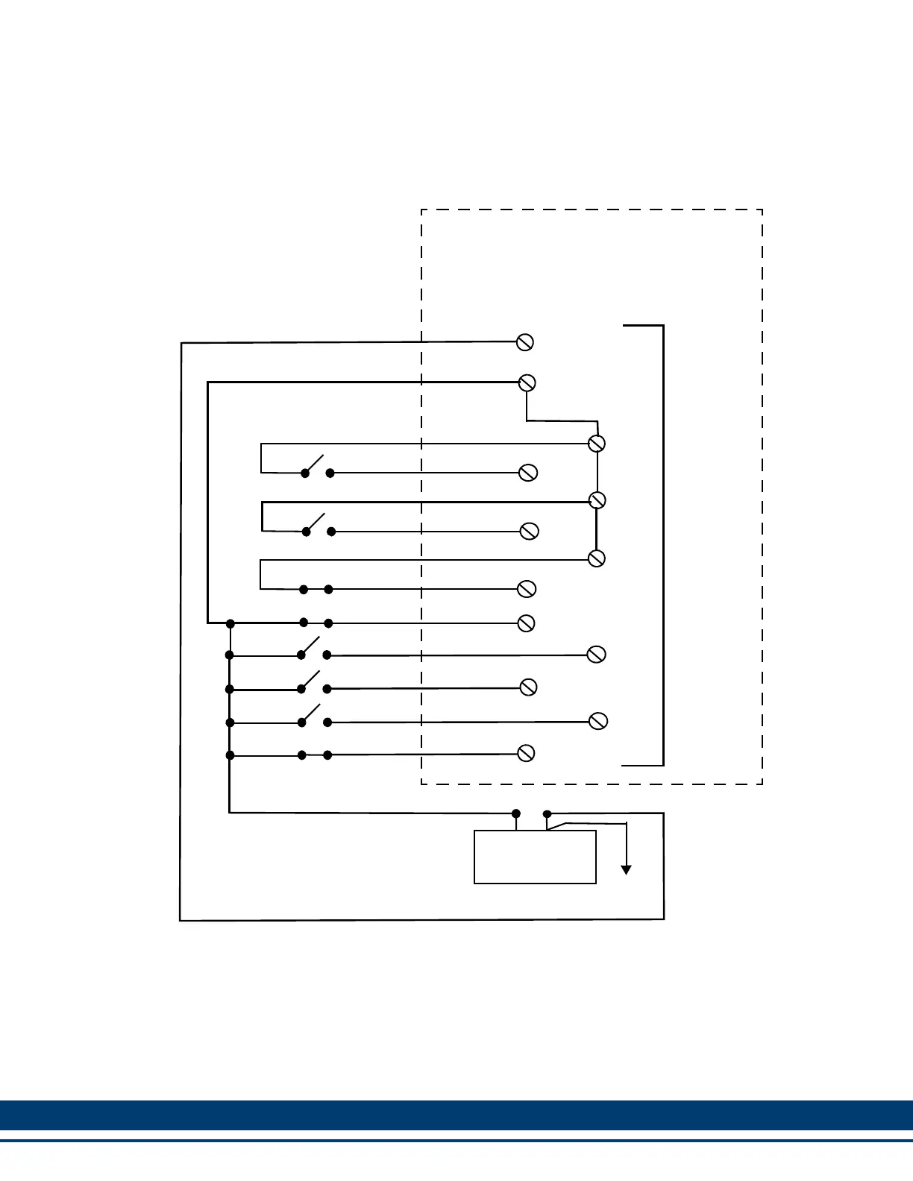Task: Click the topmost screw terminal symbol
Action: click(525, 342)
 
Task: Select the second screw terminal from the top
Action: click(527, 382)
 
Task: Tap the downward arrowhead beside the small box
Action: click(627, 869)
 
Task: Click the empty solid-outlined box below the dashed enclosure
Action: click(535, 857)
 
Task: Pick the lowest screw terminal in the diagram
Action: click(526, 753)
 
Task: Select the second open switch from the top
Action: click(316, 522)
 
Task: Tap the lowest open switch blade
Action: click(311, 713)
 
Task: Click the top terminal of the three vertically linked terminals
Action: click(596, 444)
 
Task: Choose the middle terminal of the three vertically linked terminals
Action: click(597, 500)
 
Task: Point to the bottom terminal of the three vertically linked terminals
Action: click(597, 558)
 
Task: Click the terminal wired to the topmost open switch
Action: click(528, 473)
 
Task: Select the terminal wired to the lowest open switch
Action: click(598, 721)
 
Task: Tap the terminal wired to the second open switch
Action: click(529, 531)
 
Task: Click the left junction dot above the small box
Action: click(516, 813)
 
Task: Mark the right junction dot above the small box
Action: click(548, 813)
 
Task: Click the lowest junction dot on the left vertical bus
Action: click(230, 755)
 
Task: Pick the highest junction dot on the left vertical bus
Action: click(230, 623)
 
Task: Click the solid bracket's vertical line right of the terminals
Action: click(663, 544)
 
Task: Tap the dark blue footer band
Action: click(456, 1115)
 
